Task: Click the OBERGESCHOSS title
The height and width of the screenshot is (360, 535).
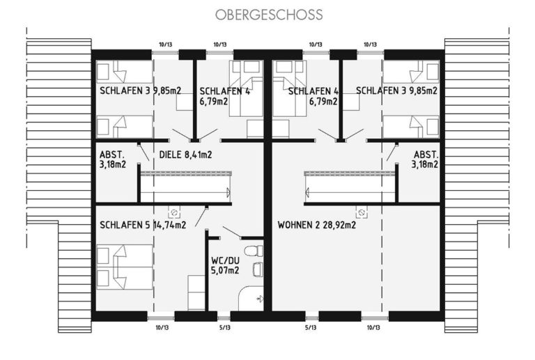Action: [x=269, y=15]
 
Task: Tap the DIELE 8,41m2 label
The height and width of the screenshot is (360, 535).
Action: [x=185, y=155]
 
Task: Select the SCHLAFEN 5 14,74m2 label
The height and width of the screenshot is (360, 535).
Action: [x=143, y=225]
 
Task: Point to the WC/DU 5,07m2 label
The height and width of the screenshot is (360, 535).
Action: [x=225, y=265]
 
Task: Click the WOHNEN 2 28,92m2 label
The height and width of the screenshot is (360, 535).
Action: [x=317, y=225]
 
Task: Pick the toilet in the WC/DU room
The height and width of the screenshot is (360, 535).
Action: [x=255, y=251]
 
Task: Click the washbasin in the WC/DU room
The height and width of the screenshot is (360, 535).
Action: [x=258, y=269]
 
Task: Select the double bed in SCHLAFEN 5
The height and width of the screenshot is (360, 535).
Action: [x=125, y=267]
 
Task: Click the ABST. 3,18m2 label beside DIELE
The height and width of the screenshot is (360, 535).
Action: [x=113, y=159]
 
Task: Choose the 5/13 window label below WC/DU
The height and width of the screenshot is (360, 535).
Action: [x=224, y=327]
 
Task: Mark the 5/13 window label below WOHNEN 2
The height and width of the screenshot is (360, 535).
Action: [x=311, y=327]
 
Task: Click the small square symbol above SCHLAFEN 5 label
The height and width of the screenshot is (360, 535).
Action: [x=174, y=213]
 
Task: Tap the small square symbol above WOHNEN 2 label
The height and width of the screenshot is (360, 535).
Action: [x=361, y=213]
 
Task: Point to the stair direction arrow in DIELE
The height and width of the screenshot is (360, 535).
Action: [x=228, y=193]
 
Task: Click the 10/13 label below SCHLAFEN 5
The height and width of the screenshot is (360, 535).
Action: [x=162, y=327]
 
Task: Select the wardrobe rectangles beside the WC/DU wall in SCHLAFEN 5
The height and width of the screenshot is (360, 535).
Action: [x=196, y=293]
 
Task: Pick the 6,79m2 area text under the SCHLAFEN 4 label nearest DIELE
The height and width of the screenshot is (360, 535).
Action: [x=214, y=101]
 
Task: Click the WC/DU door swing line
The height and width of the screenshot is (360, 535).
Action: [x=232, y=231]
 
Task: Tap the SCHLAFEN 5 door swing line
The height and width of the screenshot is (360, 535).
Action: [x=201, y=217]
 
